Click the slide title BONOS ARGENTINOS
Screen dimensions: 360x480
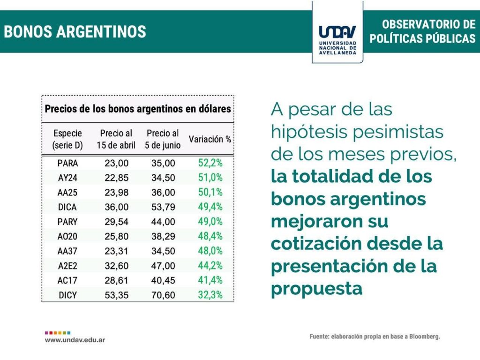[x=75, y=32]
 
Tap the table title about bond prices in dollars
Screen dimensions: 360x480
[x=138, y=109]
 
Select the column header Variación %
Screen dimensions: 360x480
[x=210, y=139]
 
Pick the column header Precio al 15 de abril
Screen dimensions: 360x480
[x=116, y=139]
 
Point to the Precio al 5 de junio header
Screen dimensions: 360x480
[x=163, y=139]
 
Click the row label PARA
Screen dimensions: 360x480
[x=67, y=164]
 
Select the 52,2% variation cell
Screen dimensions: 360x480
[x=210, y=163]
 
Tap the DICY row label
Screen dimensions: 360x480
[x=67, y=295]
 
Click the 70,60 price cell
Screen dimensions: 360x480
[x=163, y=295]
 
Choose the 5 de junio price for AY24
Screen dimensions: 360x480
[x=163, y=178]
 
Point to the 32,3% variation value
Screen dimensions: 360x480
[x=210, y=295]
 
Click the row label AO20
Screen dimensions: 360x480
[x=67, y=237]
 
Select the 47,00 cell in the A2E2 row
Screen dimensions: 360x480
[x=163, y=266]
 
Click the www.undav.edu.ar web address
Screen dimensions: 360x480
[x=75, y=339]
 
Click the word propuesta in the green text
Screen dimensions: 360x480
[x=317, y=288]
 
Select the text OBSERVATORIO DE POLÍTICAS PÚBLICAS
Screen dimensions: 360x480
[x=422, y=31]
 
